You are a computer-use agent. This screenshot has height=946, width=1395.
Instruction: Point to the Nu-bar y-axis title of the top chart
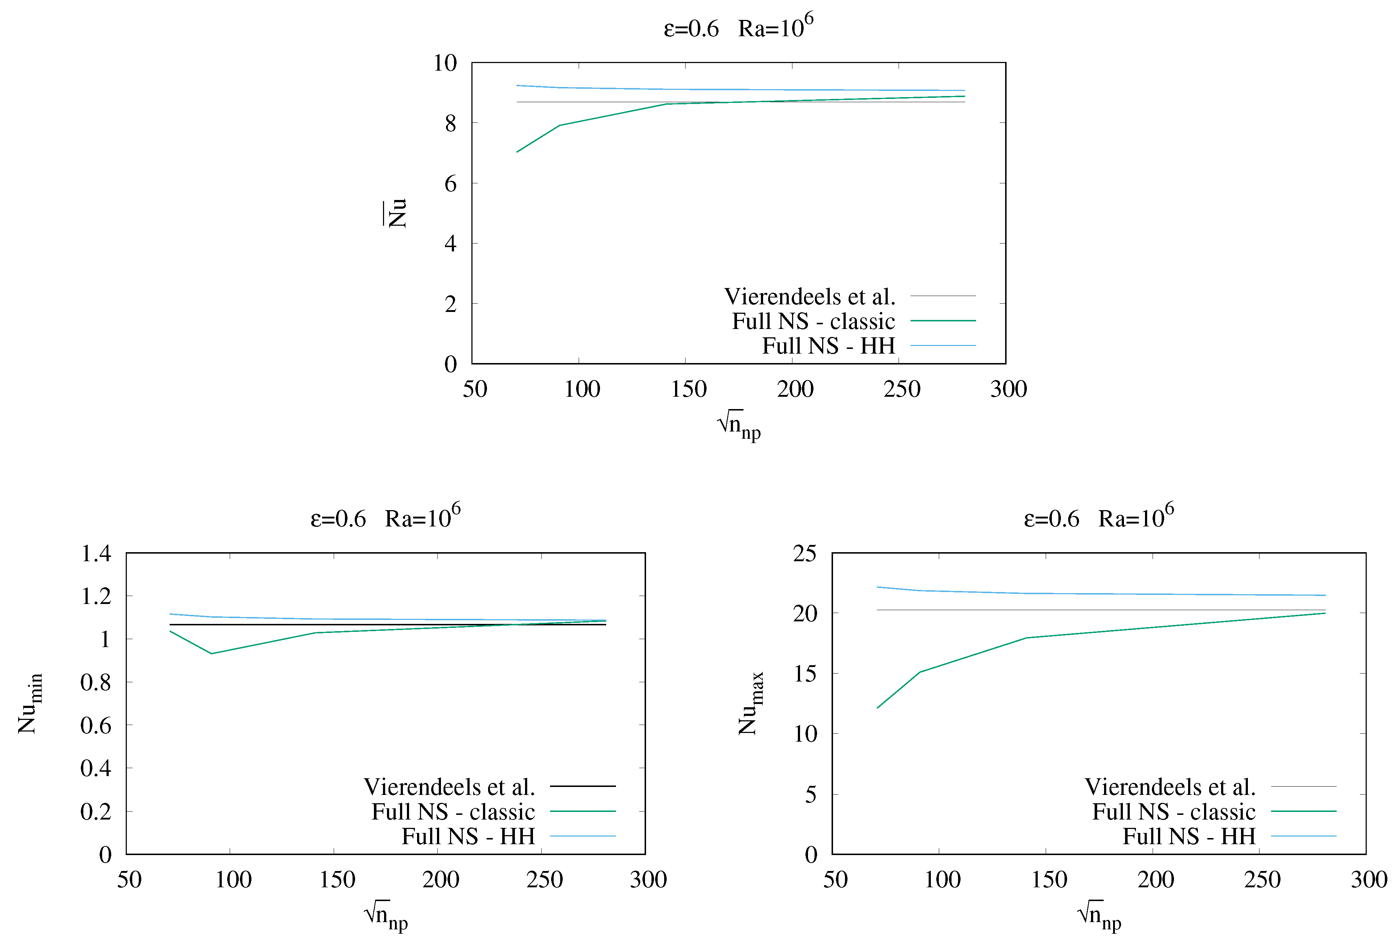click(x=396, y=213)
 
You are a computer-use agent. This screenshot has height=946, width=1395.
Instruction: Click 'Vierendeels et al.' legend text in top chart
click(x=809, y=296)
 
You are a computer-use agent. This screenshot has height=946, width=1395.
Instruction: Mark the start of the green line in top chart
click(x=517, y=152)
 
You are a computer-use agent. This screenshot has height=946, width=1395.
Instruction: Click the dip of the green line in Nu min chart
click(x=211, y=654)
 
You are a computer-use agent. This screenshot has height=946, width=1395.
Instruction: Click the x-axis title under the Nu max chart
click(x=1099, y=915)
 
